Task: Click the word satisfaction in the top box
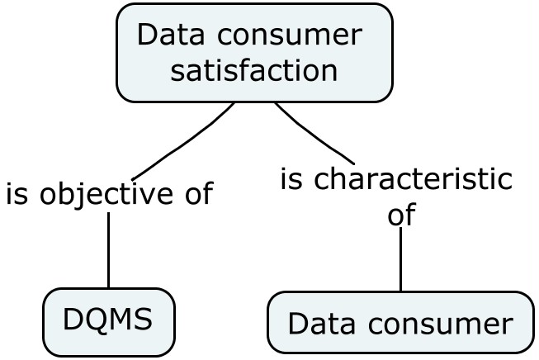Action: [254, 70]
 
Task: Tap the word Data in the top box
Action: [168, 36]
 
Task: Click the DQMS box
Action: [108, 321]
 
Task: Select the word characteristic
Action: [414, 179]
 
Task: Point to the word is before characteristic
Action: [292, 179]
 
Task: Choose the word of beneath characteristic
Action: [400, 215]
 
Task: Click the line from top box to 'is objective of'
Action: [186, 142]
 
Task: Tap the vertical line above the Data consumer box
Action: [400, 260]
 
